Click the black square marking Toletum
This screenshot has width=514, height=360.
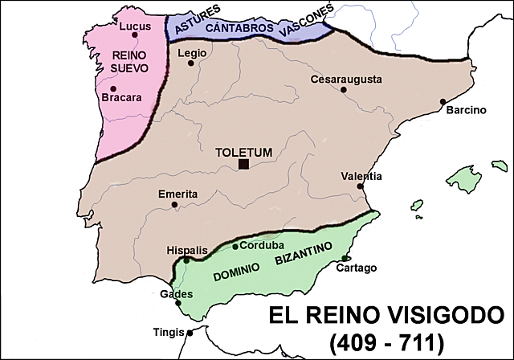pos(243,165)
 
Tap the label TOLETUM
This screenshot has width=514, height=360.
pos(243,150)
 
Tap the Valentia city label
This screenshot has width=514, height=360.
pos(361,176)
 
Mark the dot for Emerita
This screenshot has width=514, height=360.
pos(175,204)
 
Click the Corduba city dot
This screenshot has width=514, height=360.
pos(235,247)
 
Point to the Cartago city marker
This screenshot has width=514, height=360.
pos(345,258)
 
